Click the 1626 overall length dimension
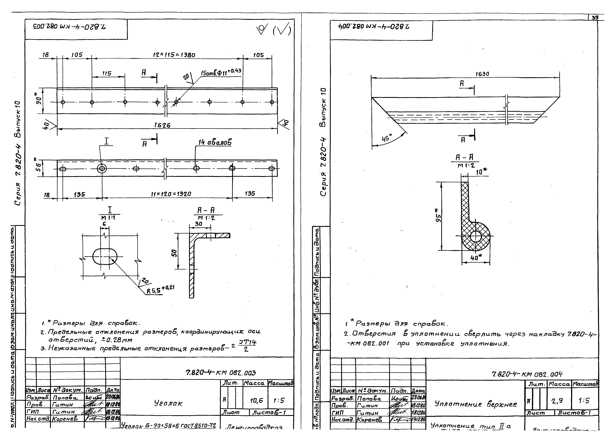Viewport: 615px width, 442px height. point(162,125)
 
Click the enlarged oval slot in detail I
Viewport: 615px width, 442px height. point(105,256)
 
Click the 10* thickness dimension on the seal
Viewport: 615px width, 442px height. point(481,171)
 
